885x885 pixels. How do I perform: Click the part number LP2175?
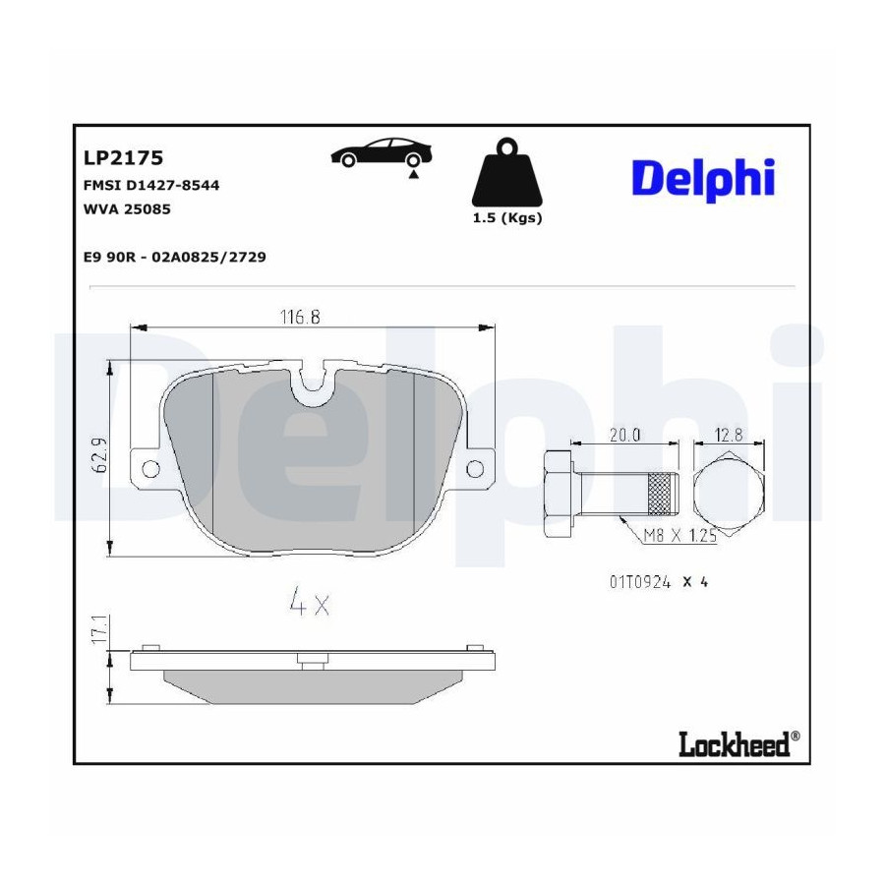coord(123,158)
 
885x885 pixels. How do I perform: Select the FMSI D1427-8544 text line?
coord(151,185)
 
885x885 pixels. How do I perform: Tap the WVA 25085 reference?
coord(127,208)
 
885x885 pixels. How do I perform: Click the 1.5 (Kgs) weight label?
coord(507,218)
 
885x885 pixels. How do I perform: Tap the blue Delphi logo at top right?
coord(703,179)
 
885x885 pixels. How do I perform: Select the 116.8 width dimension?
coord(300,318)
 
